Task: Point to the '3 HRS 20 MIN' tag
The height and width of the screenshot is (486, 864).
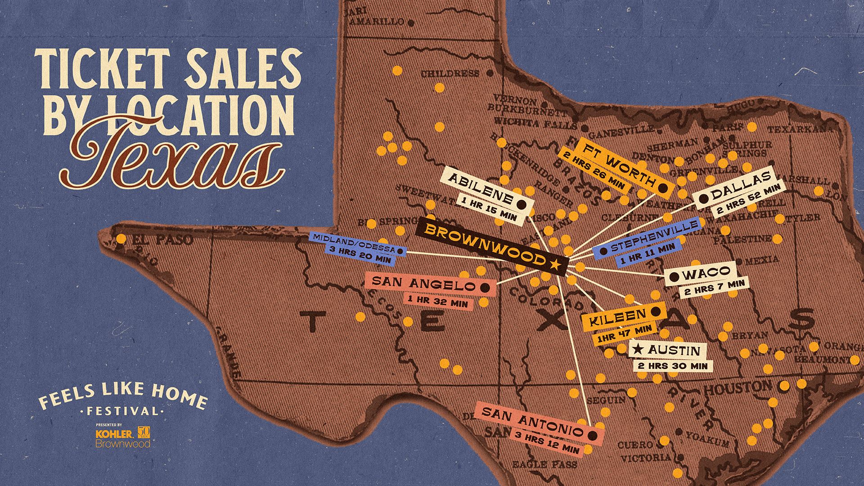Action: point(360,256)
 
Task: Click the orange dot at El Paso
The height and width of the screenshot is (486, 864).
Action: point(121,238)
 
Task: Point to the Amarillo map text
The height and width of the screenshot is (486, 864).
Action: point(382,21)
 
